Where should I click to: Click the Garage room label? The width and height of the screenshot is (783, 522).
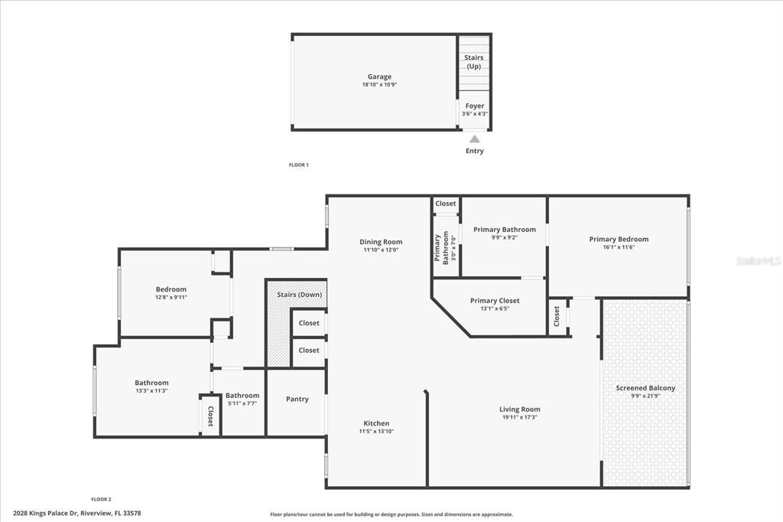tap(379, 77)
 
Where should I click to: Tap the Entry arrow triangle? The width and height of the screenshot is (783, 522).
tap(474, 139)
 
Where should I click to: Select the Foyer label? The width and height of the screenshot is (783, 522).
tap(474, 106)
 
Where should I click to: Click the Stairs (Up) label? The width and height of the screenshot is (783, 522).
tap(474, 62)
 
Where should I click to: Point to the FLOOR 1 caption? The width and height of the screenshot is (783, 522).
tap(298, 165)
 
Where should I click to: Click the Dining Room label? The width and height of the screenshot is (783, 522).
tap(381, 242)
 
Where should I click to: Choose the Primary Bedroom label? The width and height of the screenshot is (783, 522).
tap(619, 240)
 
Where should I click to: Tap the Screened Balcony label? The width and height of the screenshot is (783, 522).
tap(645, 388)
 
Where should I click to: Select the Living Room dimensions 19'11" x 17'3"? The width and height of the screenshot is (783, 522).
tap(520, 417)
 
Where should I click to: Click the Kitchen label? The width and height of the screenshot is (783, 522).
tap(376, 423)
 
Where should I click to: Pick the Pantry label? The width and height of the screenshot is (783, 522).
tap(297, 399)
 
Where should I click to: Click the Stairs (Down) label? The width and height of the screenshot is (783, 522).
tap(299, 295)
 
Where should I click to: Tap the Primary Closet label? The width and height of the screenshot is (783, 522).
tap(495, 301)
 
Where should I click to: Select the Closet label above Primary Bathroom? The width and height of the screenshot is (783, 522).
tap(446, 204)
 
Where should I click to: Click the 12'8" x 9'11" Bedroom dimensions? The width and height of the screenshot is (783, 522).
tap(171, 297)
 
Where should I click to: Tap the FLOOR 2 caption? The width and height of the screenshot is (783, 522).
tap(101, 498)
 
